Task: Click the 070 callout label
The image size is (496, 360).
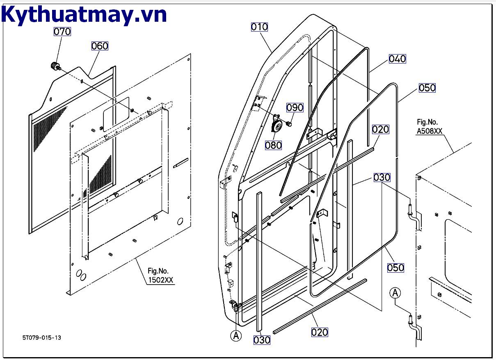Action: tap(62, 32)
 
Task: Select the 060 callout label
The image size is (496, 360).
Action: tap(100, 46)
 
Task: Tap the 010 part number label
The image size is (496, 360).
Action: tap(260, 27)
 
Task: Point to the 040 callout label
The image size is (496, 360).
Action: tap(397, 59)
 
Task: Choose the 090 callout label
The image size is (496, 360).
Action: tap(295, 107)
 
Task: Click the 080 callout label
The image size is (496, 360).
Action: tap(273, 145)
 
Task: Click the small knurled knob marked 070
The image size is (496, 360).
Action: tap(54, 66)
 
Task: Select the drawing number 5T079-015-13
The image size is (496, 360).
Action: tap(42, 337)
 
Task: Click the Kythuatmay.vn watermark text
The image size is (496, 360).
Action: tap(84, 15)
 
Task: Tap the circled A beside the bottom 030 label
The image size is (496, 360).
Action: tap(235, 335)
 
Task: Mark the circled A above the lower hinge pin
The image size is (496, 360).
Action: tap(395, 293)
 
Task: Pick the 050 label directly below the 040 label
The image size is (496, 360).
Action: tap(427, 88)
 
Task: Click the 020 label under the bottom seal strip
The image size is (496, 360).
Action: tap(320, 332)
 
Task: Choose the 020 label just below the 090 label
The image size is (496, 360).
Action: tap(380, 129)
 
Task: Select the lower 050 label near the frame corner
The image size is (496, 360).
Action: tap(396, 267)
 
